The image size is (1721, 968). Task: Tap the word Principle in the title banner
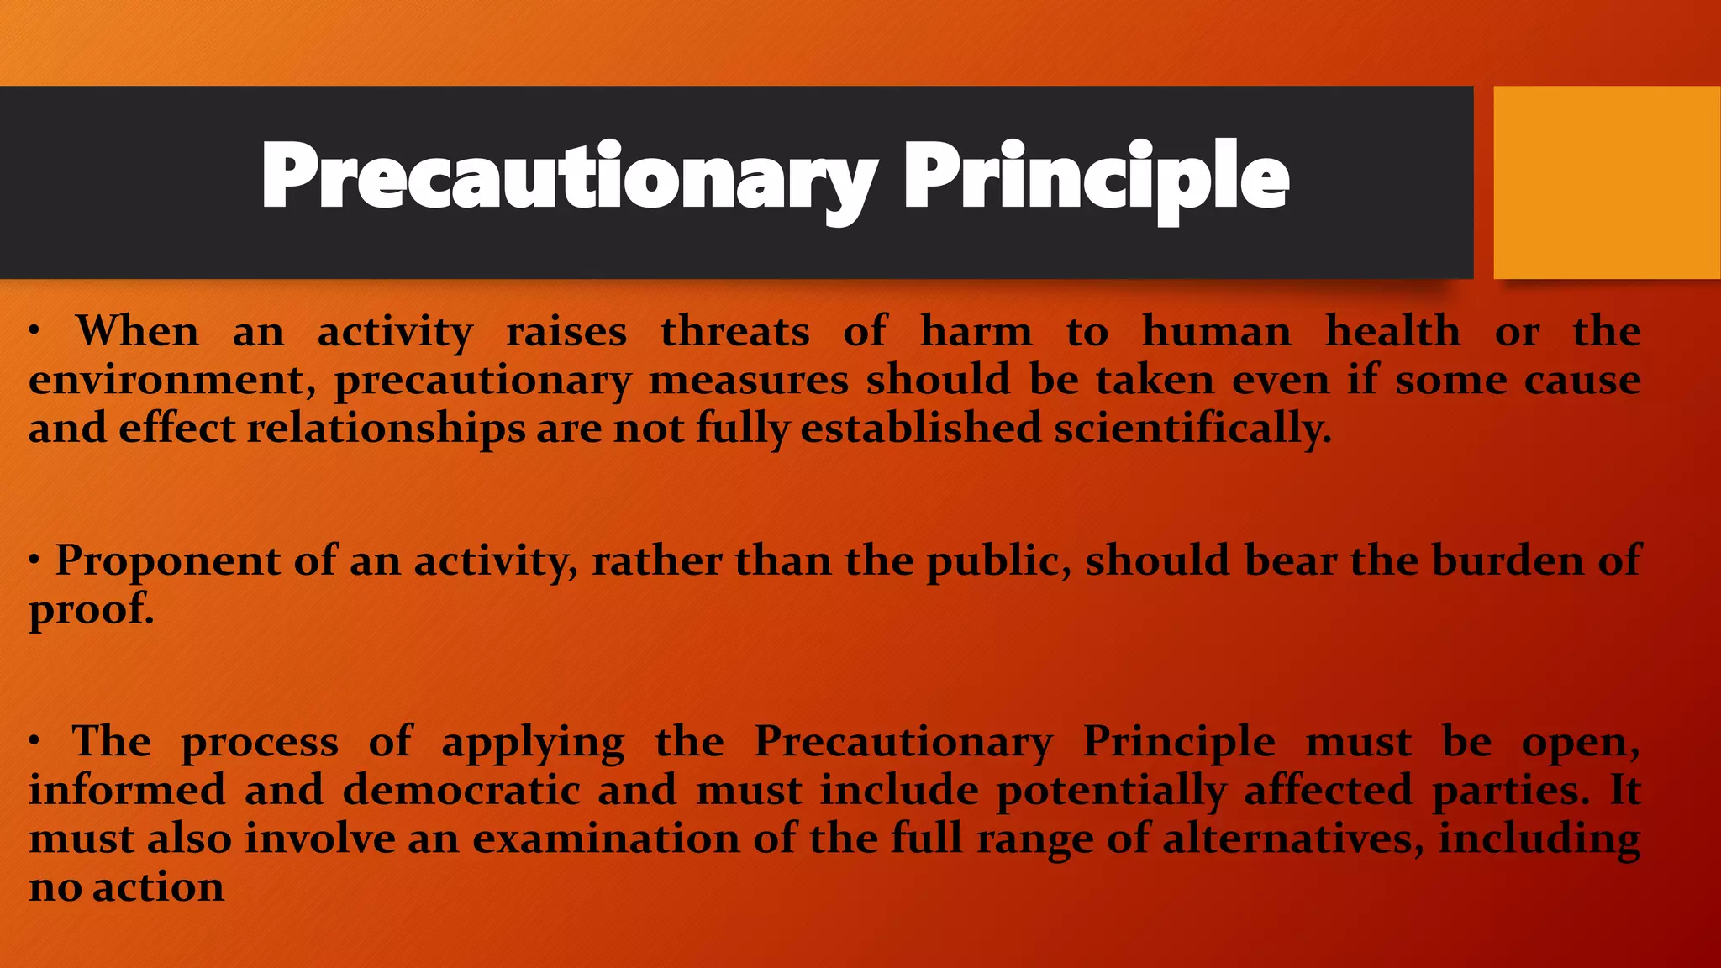click(x=1096, y=176)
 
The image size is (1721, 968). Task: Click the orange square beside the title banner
click(x=1607, y=181)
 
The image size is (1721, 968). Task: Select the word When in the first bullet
click(x=138, y=330)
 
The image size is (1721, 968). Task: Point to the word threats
click(x=735, y=330)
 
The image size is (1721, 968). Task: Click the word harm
click(x=976, y=330)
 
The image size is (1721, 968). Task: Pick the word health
click(x=1392, y=330)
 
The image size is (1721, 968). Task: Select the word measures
click(x=749, y=380)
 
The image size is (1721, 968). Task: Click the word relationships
click(x=386, y=428)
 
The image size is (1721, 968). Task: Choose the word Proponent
click(x=167, y=561)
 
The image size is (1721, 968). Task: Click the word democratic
click(x=461, y=790)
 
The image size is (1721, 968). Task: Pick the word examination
click(x=606, y=839)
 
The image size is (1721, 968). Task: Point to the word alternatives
click(x=1290, y=839)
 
